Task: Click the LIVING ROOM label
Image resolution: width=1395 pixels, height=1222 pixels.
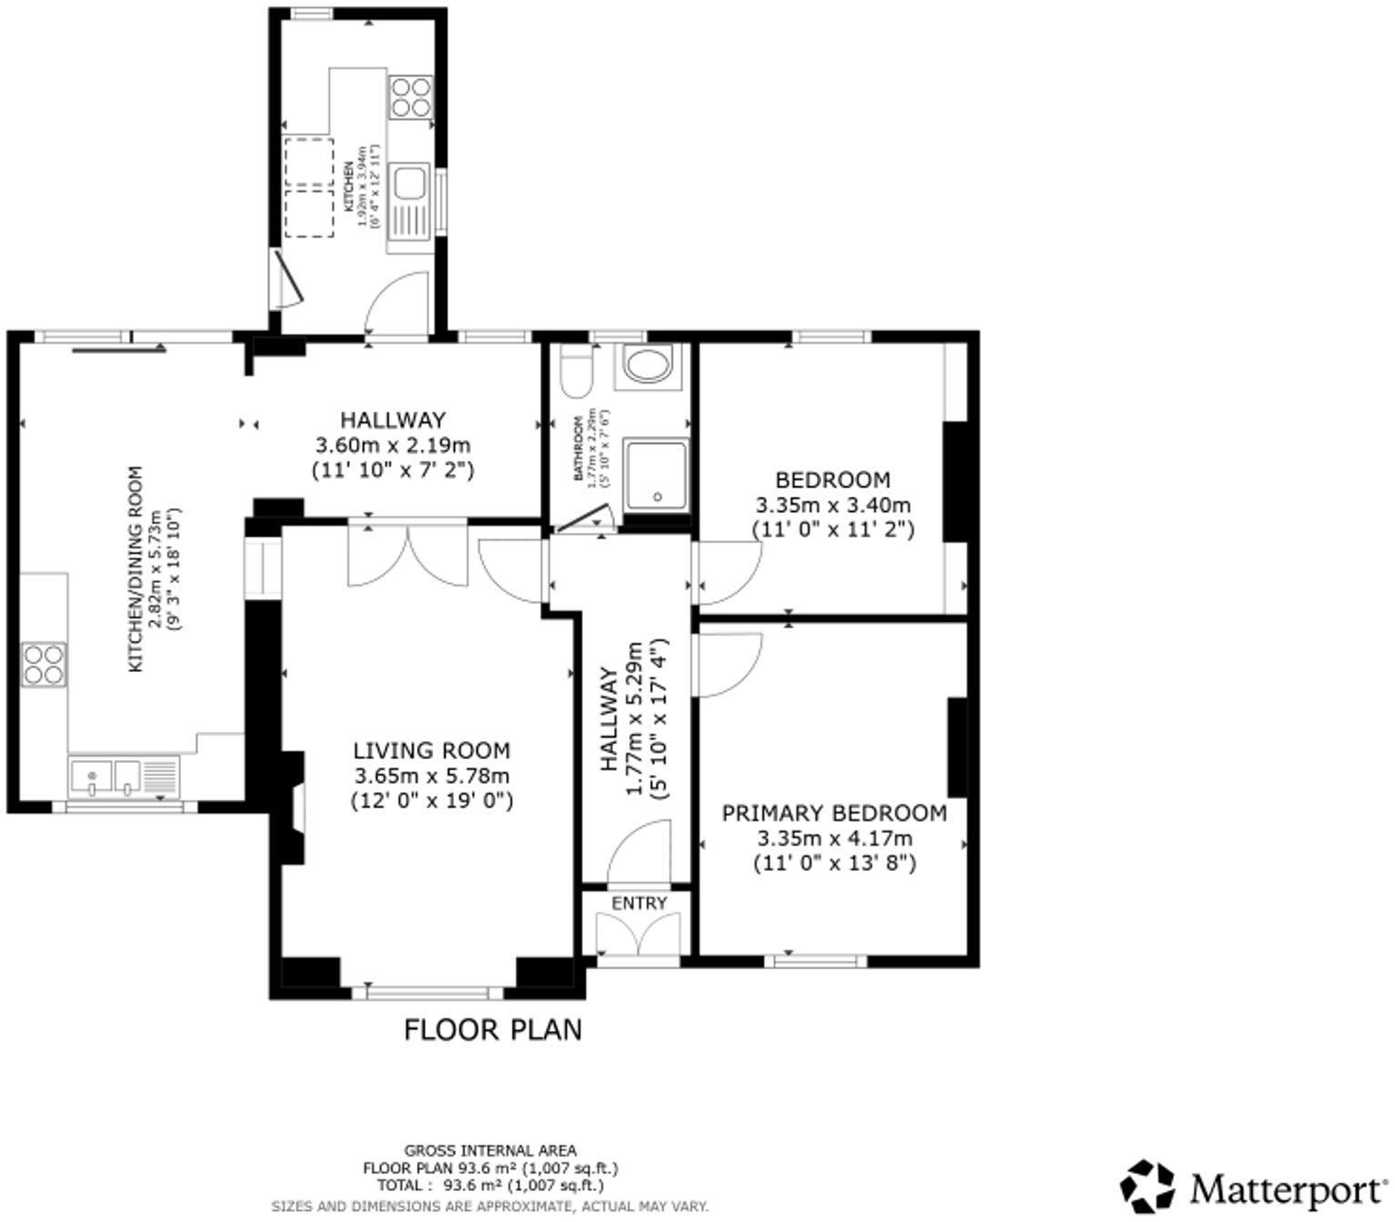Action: click(431, 750)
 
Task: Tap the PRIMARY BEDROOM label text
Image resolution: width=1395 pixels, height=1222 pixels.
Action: click(833, 813)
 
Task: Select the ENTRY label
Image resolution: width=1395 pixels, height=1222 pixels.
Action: click(639, 903)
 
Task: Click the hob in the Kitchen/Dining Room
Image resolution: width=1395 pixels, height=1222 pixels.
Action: click(44, 664)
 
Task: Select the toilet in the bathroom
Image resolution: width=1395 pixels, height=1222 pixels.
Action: click(577, 372)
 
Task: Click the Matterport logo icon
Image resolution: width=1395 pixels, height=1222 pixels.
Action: click(1147, 1187)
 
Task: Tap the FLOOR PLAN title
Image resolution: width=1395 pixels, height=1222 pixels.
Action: click(492, 1030)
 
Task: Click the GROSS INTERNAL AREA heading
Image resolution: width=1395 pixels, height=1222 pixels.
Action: click(490, 1150)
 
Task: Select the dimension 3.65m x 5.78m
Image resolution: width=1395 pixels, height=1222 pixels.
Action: click(431, 776)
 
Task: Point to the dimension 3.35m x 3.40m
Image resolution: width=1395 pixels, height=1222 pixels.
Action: click(833, 505)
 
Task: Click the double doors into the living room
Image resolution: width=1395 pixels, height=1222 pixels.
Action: click(407, 556)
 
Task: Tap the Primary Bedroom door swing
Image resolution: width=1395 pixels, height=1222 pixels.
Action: click(725, 664)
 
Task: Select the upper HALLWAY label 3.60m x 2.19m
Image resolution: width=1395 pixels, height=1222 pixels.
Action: click(393, 445)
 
